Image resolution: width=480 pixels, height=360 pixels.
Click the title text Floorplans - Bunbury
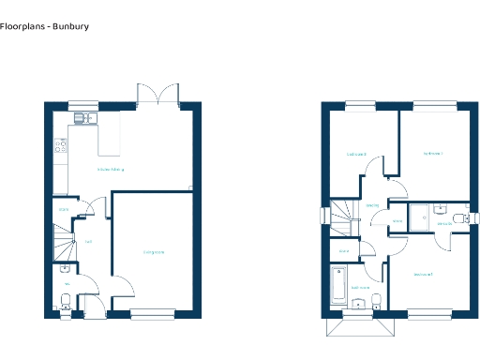(x=45, y=27)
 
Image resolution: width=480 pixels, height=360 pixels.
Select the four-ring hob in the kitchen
(x=62, y=145)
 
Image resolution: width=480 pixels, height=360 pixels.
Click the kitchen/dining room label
(x=111, y=170)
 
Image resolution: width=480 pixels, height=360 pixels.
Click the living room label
(x=155, y=252)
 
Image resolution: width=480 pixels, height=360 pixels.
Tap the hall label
(x=88, y=242)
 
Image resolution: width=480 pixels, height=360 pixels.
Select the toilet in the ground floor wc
(x=65, y=302)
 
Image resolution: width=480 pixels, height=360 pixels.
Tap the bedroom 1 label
(x=432, y=153)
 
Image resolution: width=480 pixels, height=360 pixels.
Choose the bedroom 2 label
(x=423, y=274)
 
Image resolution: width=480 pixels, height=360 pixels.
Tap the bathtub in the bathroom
(x=338, y=283)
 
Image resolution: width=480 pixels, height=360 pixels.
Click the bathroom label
(x=360, y=288)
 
